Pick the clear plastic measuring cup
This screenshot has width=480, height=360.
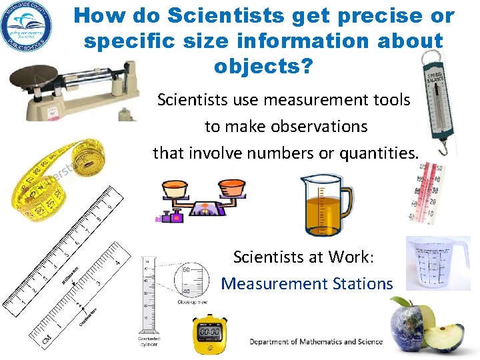point(436,263)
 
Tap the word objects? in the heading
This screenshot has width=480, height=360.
point(263,67)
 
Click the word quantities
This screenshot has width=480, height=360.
point(379,153)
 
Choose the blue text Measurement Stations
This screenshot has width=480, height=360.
point(307,283)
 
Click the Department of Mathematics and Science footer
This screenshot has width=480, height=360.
point(316,341)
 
